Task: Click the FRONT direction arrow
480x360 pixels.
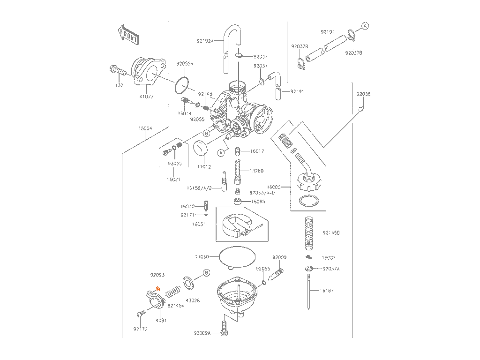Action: coord(128,34)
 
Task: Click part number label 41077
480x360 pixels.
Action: coord(147,97)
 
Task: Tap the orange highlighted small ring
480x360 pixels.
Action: coord(158,289)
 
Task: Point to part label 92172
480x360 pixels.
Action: coord(140,329)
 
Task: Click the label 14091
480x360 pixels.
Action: coord(160,321)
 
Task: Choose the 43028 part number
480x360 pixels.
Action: coord(193,300)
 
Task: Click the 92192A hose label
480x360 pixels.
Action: coord(205,41)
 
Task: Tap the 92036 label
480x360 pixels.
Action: coord(363,94)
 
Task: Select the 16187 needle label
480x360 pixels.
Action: coord(327,291)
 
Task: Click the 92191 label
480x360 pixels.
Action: coord(297,91)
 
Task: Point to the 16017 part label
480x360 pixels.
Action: coord(257,151)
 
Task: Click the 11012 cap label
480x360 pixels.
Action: coord(204,166)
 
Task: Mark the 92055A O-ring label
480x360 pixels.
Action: coord(185,63)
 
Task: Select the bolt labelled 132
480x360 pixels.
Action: coord(117,72)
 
